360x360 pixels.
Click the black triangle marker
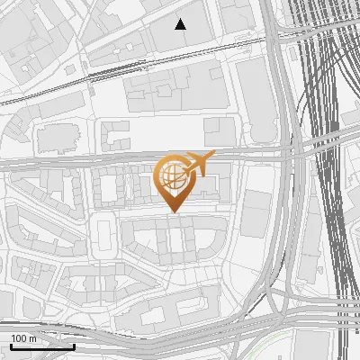click(181, 24)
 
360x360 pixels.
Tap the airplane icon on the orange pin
click(200, 164)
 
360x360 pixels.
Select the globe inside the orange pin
click(171, 175)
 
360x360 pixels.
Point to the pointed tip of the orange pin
click(174, 212)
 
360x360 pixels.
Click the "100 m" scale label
click(23, 338)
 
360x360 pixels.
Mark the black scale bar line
click(42, 346)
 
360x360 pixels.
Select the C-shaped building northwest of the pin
click(116, 136)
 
